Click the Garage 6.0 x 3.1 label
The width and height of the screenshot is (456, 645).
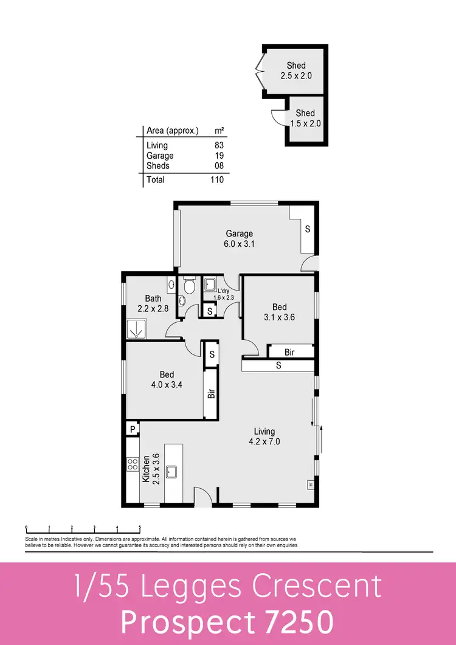pyautogui.click(x=239, y=238)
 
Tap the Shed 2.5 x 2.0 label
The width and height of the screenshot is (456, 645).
pyautogui.click(x=295, y=71)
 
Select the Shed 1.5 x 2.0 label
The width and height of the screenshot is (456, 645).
pyautogui.click(x=305, y=118)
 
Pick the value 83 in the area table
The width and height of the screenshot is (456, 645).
pyautogui.click(x=219, y=145)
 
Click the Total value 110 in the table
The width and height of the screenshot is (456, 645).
pyautogui.click(x=217, y=179)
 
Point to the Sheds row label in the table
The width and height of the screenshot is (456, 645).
pyautogui.click(x=158, y=165)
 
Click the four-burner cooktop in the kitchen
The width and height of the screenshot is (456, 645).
pyautogui.click(x=132, y=464)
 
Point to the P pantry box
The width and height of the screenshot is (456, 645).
pyautogui.click(x=132, y=429)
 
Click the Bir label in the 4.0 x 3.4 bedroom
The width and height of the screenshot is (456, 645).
pyautogui.click(x=212, y=394)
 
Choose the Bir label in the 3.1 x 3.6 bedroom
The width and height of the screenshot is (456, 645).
pyautogui.click(x=290, y=351)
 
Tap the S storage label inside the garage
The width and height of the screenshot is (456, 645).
pyautogui.click(x=308, y=229)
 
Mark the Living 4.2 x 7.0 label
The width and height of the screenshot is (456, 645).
pyautogui.click(x=264, y=436)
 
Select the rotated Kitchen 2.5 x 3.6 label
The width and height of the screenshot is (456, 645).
pyautogui.click(x=150, y=468)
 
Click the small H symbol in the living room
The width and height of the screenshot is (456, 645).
pyautogui.click(x=310, y=485)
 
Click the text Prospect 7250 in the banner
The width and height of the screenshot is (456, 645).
pyautogui.click(x=227, y=621)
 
